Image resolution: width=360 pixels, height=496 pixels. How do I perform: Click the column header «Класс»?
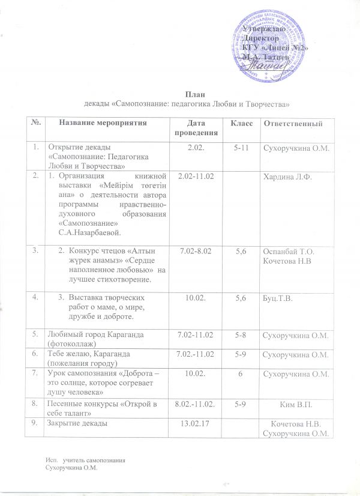pyautogui.click(x=236, y=122)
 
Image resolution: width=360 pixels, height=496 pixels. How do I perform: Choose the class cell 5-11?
pyautogui.click(x=235, y=148)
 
